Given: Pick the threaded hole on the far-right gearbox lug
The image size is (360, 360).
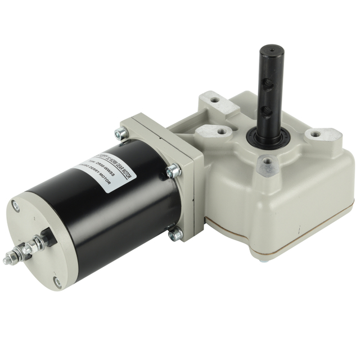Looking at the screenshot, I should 316,135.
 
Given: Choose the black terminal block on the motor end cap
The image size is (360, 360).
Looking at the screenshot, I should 47,241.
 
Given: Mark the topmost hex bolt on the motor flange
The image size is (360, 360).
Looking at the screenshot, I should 120,133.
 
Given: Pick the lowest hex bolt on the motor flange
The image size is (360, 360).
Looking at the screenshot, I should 175,235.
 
